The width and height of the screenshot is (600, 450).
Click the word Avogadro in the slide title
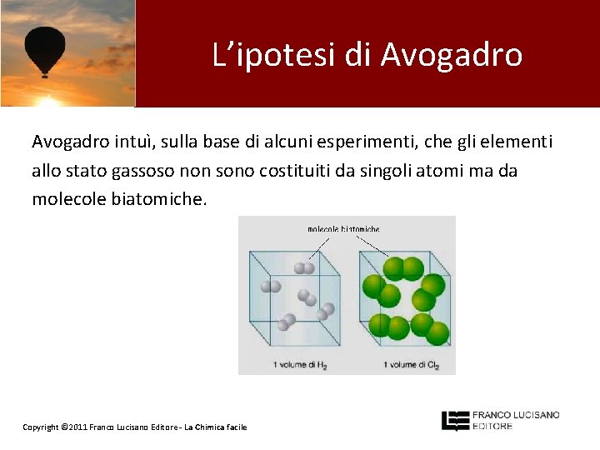pos(452,55)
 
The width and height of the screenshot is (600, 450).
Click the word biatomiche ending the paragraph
pos(157,200)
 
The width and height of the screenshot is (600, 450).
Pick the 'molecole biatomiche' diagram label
pos(343,228)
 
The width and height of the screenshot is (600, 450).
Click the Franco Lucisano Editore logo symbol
pos(454,420)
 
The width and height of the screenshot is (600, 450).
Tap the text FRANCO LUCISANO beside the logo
pos(516,415)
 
